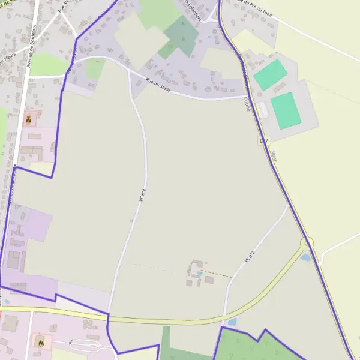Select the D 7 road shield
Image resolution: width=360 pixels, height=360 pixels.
264,140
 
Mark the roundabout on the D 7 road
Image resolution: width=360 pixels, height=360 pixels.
307,243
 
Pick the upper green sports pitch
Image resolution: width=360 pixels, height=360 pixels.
270,74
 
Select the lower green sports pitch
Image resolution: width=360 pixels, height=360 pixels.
284,110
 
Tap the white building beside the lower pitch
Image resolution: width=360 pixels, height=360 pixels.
262,110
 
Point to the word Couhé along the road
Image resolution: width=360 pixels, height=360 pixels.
247,106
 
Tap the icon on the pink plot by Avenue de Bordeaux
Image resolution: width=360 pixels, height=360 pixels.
28,119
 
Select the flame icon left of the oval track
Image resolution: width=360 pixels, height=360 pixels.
41,343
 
